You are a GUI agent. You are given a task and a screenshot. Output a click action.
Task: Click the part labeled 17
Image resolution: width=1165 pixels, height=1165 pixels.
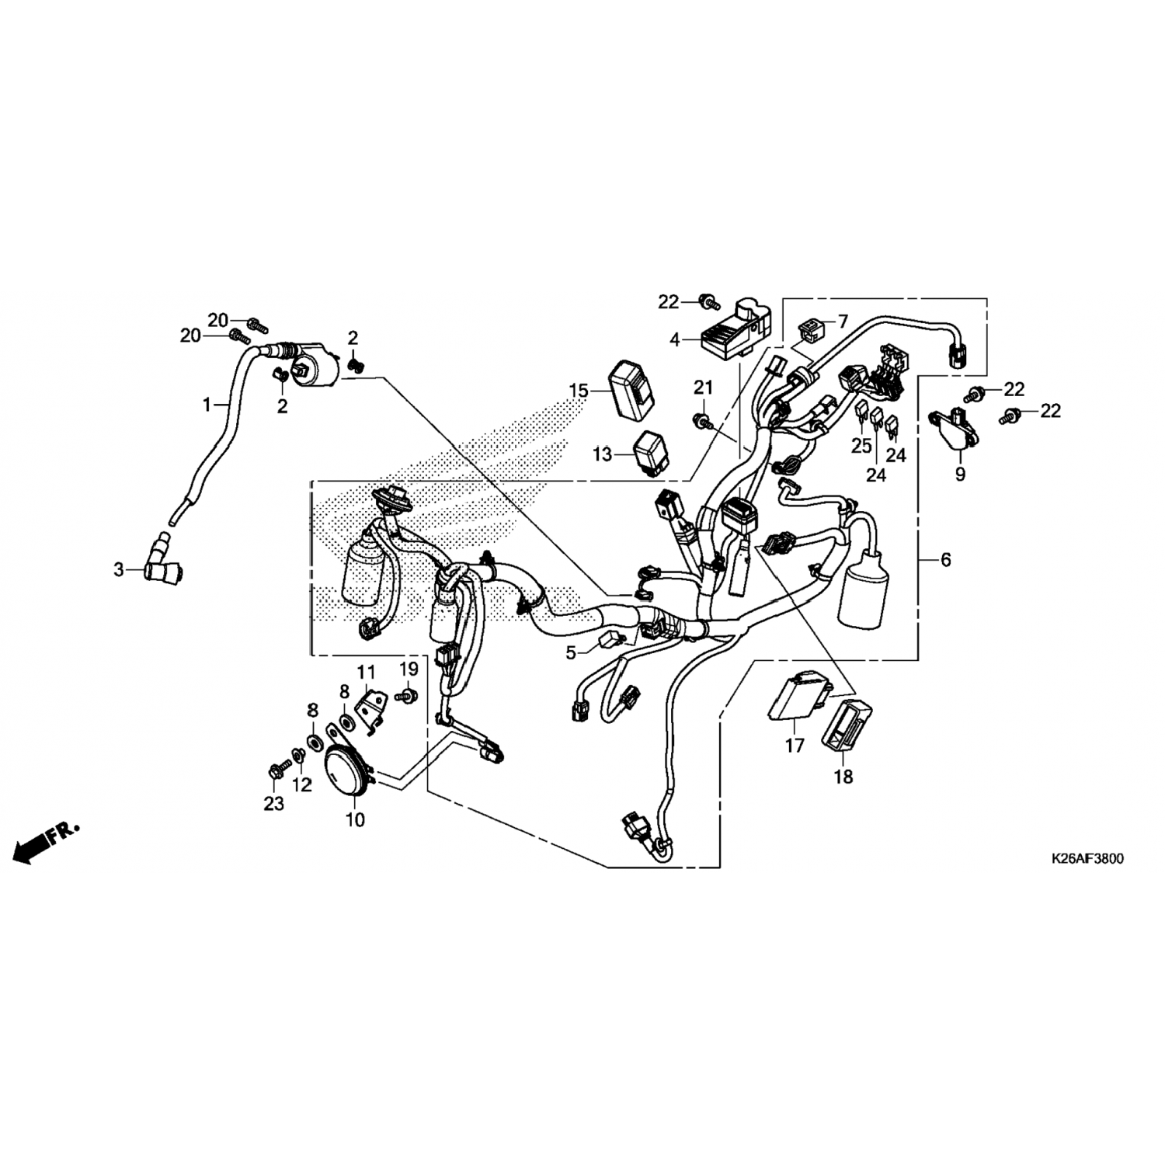[800, 700]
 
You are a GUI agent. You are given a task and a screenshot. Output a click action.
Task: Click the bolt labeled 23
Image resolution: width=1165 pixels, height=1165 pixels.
[277, 770]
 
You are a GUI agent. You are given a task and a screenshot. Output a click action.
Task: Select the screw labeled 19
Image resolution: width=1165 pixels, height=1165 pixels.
[406, 695]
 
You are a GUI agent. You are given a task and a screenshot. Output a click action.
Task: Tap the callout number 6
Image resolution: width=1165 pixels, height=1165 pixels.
[945, 559]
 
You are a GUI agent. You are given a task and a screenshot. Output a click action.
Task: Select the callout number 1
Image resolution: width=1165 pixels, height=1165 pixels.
[207, 405]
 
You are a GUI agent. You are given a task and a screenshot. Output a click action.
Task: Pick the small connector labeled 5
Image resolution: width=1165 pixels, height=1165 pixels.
[610, 642]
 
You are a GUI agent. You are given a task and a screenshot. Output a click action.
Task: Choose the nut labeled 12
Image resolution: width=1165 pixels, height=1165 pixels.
[298, 754]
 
